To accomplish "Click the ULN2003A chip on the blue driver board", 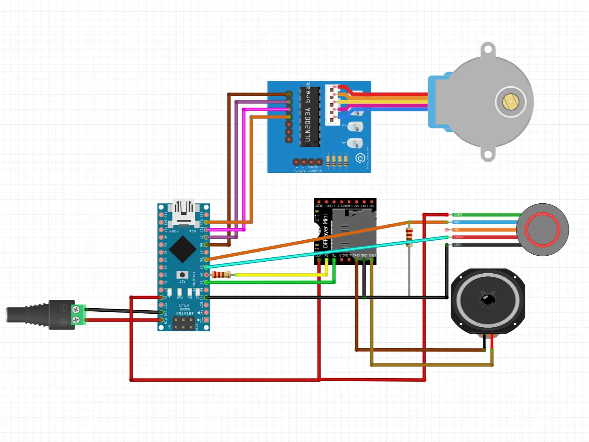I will coord(310,117).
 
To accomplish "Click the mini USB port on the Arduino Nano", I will coord(183,212).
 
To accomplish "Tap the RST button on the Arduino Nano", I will coord(182,275).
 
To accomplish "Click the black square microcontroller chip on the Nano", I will coord(182,249).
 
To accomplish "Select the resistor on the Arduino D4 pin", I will coord(221,275).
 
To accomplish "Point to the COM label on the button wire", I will coord(458,215).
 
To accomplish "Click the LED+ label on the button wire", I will coord(458,237).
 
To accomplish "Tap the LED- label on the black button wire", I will coord(458,245).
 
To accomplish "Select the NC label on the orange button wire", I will coord(457,230).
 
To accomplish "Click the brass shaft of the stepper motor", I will coord(510,102).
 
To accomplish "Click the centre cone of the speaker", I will coord(488,299).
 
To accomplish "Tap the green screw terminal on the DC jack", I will coord(78,315).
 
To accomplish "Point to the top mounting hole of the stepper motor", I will coord(488,50).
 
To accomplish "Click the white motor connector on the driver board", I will coord(332,104).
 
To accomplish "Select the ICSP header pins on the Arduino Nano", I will coord(183,324).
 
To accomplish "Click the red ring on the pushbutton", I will coord(543,230).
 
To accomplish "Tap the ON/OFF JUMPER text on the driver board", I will coord(315,169).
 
